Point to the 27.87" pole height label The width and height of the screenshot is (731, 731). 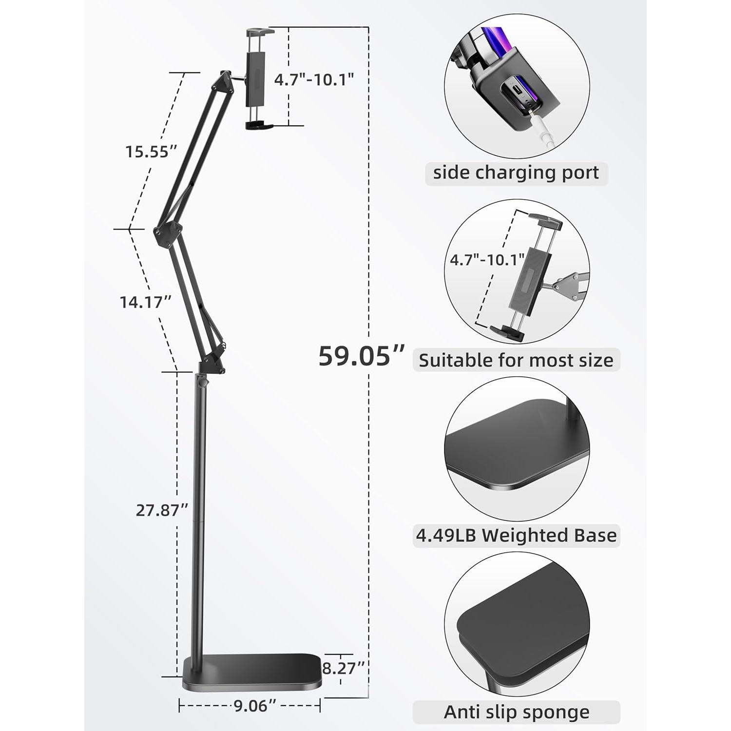tap(162, 510)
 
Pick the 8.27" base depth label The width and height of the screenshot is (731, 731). tap(344, 668)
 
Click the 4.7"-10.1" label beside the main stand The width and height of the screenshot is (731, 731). tap(314, 79)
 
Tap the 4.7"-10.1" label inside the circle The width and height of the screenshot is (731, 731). tap(487, 259)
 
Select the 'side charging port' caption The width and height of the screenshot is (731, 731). tap(516, 173)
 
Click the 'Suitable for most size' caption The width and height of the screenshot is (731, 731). tap(516, 360)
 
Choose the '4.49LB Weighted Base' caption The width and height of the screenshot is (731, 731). tap(516, 536)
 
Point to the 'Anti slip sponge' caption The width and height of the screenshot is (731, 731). tap(516, 712)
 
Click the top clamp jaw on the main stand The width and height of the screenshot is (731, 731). tap(260, 33)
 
